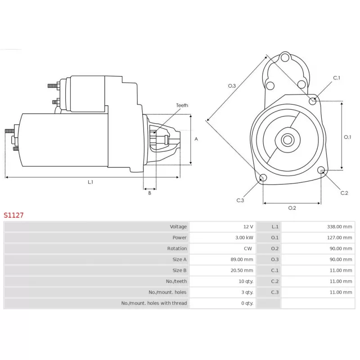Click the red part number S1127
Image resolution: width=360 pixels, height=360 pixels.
pyautogui.click(x=13, y=215)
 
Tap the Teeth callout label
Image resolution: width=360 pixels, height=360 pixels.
pyautogui.click(x=182, y=105)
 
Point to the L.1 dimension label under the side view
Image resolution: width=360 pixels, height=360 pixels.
pyautogui.click(x=90, y=182)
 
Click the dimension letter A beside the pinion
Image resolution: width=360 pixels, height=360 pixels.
pyautogui.click(x=196, y=139)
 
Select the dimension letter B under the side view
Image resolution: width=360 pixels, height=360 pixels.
pyautogui.click(x=149, y=193)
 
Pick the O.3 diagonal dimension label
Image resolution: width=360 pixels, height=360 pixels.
pyautogui.click(x=232, y=86)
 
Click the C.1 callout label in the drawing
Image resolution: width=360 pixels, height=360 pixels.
pyautogui.click(x=337, y=78)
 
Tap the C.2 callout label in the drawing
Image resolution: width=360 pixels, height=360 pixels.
pyautogui.click(x=344, y=193)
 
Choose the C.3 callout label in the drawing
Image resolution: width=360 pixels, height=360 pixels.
pyautogui.click(x=240, y=200)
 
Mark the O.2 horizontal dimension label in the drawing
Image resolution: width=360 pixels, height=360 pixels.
pyautogui.click(x=292, y=208)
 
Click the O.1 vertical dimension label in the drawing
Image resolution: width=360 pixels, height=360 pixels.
pyautogui.click(x=347, y=137)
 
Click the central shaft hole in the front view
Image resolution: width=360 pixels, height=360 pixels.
pyautogui.click(x=287, y=139)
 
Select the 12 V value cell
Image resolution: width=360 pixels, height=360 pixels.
pyautogui.click(x=248, y=227)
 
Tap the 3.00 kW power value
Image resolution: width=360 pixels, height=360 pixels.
pyautogui.click(x=244, y=238)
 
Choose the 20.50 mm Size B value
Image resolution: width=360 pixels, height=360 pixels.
pyautogui.click(x=242, y=270)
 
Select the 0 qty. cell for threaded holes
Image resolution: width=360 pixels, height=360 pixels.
pyautogui.click(x=247, y=303)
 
